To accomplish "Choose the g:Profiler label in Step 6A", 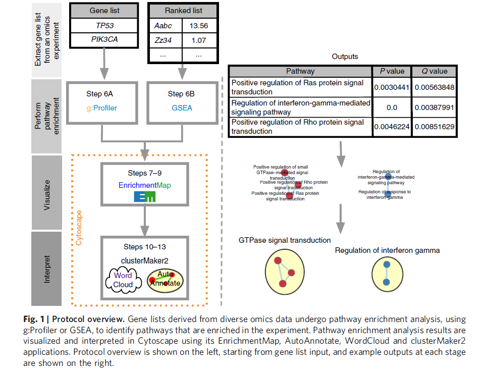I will click(x=102, y=107).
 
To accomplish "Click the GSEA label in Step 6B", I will click(x=182, y=107).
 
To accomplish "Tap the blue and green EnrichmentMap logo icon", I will click(x=144, y=196).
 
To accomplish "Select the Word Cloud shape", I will click(x=123, y=280).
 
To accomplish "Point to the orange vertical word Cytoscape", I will click(x=79, y=227).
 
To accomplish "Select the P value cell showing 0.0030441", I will click(x=392, y=87).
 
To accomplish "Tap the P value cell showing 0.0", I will click(x=392, y=107).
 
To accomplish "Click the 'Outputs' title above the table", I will click(x=345, y=57).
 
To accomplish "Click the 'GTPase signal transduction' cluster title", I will click(x=285, y=240).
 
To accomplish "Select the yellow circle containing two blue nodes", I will click(x=387, y=273).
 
